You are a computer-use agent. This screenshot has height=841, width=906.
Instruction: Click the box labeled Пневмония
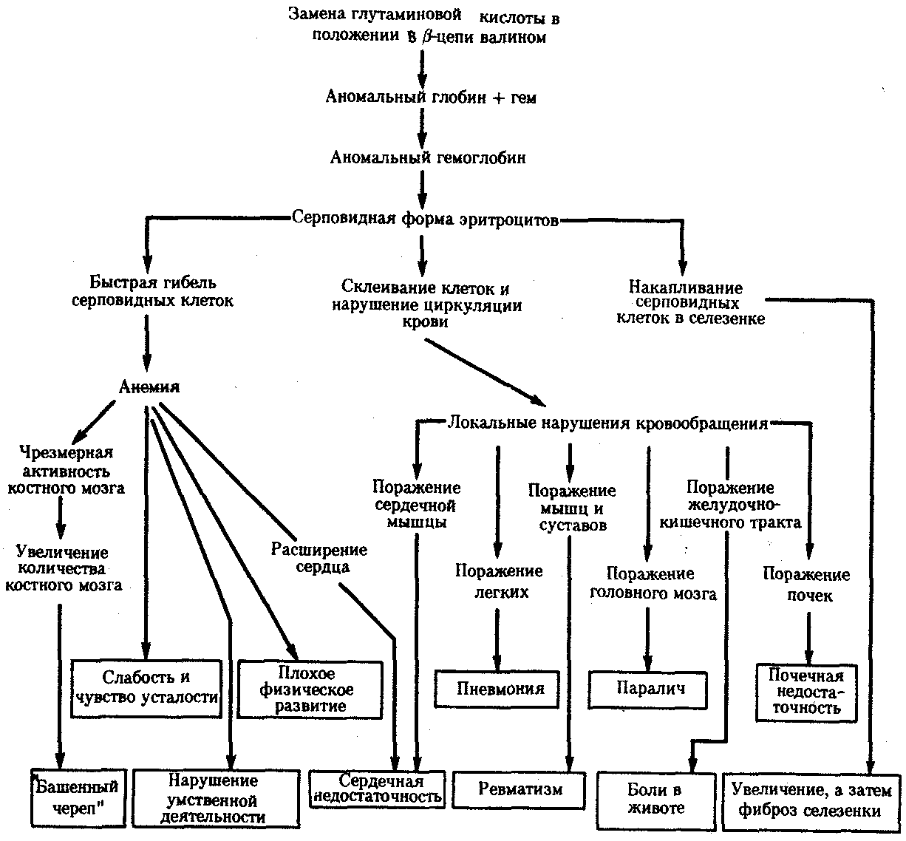click(500, 689)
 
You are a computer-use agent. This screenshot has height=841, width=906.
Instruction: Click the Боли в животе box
click(655, 798)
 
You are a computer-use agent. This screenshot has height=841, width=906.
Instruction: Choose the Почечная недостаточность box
click(806, 692)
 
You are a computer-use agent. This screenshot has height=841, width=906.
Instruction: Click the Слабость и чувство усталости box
click(147, 688)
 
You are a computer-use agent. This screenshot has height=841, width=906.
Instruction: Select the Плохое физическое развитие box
click(310, 690)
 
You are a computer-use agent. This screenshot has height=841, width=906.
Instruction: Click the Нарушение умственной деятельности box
click(213, 798)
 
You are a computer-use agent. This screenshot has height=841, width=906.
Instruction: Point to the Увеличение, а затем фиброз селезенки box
click(811, 800)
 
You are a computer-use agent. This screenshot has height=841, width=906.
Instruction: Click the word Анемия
click(149, 387)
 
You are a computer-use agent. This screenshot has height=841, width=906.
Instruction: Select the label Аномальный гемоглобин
click(428, 157)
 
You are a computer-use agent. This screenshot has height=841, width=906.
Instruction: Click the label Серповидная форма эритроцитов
click(425, 219)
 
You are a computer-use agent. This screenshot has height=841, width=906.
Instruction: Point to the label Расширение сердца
click(319, 558)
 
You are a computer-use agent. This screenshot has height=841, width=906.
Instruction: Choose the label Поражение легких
click(499, 581)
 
